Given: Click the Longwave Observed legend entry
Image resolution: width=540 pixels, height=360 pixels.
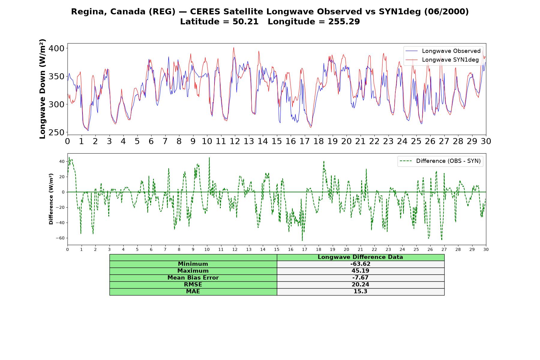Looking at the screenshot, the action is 443,51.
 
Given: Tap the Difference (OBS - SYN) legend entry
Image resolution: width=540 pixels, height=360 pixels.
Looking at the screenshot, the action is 440,161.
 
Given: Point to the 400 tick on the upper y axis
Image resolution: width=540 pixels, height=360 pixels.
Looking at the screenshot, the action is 57,48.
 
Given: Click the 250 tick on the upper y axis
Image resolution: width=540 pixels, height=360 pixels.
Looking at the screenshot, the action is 57,132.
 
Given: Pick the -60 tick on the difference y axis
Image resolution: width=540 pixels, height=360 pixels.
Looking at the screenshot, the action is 60,238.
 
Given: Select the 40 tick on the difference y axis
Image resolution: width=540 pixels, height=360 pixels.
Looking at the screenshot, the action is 62,161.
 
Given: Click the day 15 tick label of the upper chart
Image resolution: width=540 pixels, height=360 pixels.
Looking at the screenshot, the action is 277,141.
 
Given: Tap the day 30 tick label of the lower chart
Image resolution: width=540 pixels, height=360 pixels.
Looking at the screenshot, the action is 486,250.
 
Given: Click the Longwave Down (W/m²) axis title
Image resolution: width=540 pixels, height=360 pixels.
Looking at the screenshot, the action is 43,89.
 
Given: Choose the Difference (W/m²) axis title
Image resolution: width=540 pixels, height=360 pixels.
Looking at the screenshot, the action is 51,199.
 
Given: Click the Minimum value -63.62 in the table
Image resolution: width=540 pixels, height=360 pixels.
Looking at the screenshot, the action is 360,264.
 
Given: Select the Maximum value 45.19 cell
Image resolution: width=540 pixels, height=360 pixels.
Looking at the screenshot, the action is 360,271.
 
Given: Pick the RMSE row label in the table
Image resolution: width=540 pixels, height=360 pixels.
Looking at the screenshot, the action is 193,285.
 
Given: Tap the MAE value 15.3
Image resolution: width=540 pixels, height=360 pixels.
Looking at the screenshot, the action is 360,292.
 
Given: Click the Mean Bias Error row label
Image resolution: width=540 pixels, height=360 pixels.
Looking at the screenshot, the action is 193,278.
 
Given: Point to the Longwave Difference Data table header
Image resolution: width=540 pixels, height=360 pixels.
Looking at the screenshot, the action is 360,257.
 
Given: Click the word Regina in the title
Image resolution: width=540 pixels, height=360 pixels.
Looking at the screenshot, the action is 89,12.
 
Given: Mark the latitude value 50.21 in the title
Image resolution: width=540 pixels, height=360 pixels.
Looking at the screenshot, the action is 245,22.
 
